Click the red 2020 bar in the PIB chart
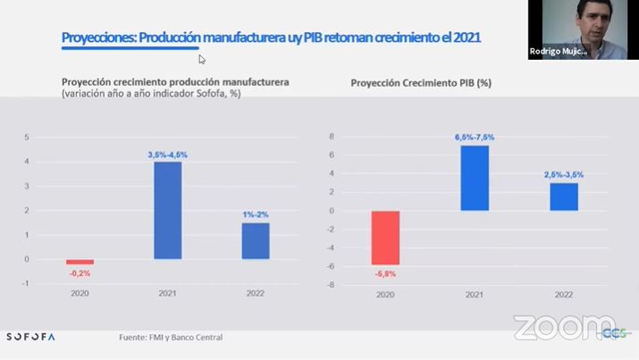pos(385,238)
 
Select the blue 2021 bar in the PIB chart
pos(475,178)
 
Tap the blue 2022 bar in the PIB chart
pos(564,197)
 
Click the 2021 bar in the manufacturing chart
pos(167,210)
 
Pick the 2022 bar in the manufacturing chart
pos(256,240)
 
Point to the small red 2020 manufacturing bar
pos(80,262)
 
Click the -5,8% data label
pos(385,273)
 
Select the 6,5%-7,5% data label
pos(475,137)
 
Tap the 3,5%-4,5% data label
pos(167,155)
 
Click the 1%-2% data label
pos(256,214)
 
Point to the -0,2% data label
pos(80,273)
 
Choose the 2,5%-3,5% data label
pos(564,175)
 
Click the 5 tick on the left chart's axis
pos(28,137)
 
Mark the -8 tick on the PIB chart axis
pos(332,285)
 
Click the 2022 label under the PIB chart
pos(564,294)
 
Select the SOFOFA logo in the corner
pos(30,337)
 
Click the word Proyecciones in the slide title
pos(97,38)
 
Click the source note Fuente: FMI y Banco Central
pos(171,337)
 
